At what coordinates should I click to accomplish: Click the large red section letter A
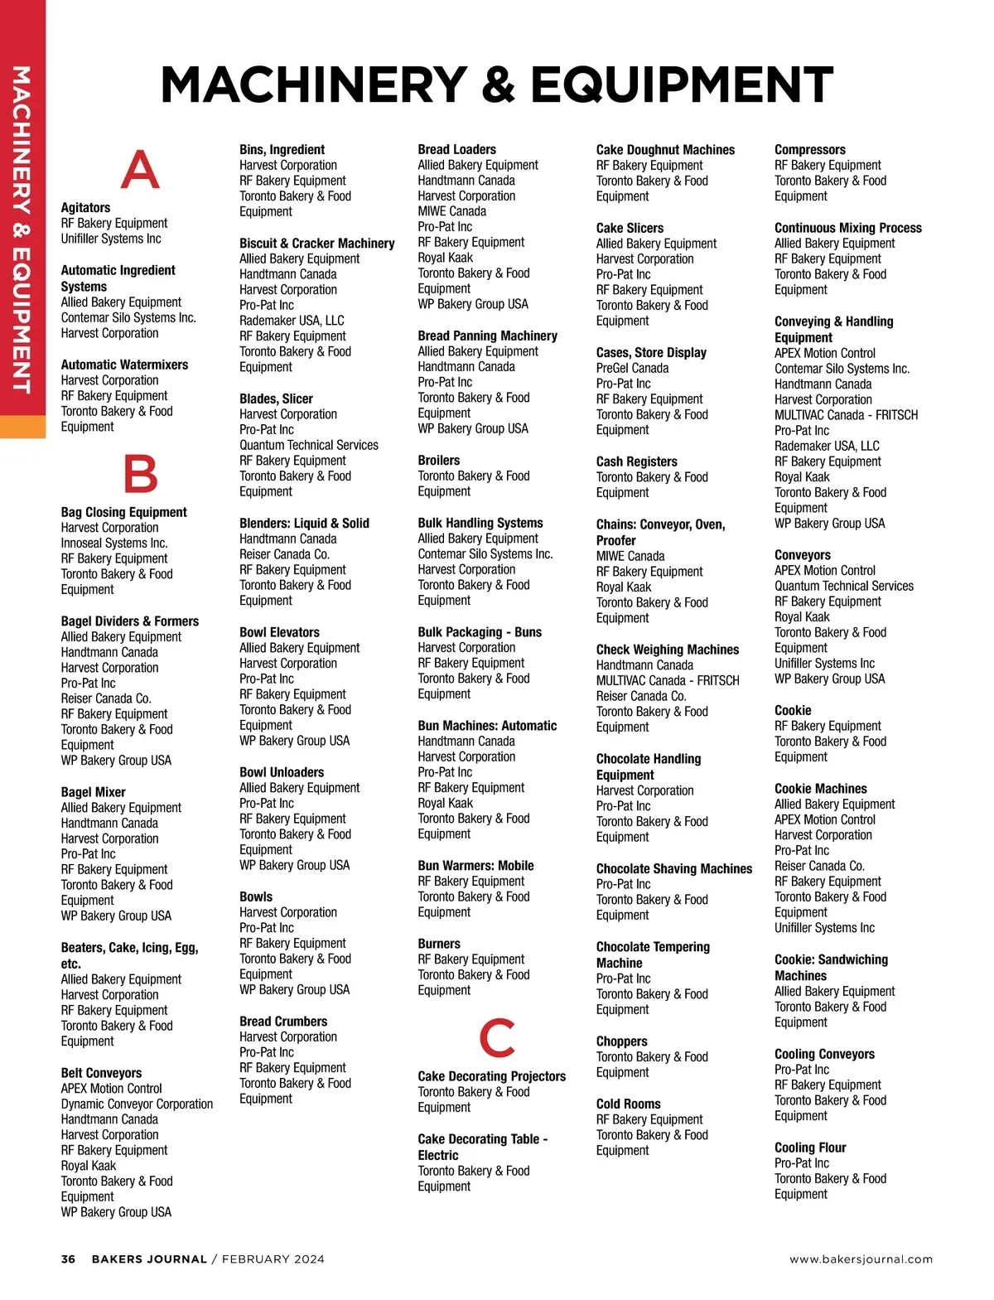(x=140, y=170)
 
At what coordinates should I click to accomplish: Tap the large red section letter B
(x=140, y=474)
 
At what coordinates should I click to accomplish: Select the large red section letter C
(x=497, y=1037)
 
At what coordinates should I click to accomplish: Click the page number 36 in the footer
(x=68, y=1259)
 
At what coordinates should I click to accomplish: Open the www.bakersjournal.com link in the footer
(x=861, y=1259)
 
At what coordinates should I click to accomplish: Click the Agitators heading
(x=85, y=208)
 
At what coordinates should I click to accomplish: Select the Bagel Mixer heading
(x=93, y=792)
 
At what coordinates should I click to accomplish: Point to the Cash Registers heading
(x=636, y=462)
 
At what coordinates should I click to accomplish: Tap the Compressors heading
(x=809, y=150)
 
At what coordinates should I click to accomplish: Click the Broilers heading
(x=438, y=461)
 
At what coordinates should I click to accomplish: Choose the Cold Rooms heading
(x=628, y=1104)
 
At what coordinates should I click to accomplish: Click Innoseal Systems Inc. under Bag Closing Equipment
(x=113, y=544)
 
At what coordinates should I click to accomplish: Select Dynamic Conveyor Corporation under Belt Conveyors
(x=137, y=1104)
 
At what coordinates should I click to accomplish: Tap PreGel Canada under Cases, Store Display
(x=632, y=368)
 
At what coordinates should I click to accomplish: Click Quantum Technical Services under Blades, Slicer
(x=308, y=446)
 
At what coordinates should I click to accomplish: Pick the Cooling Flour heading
(x=809, y=1148)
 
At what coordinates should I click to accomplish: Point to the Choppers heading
(x=621, y=1041)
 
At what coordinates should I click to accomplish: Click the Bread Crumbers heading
(x=282, y=1022)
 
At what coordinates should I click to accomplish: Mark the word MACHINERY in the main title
(x=315, y=85)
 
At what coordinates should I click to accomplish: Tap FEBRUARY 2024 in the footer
(x=273, y=1259)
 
